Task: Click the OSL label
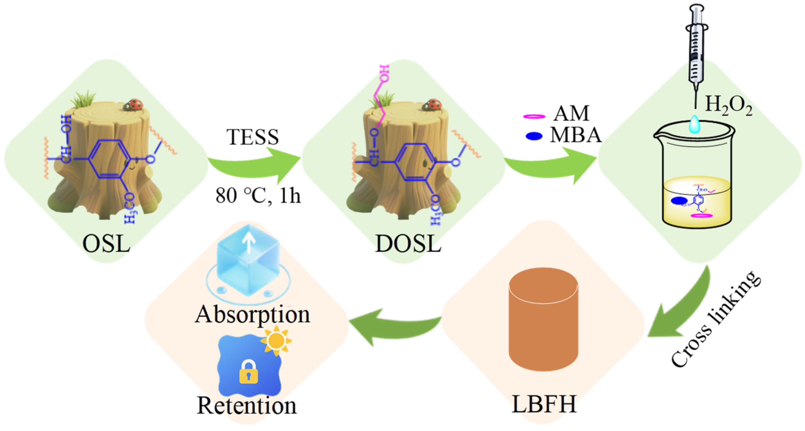click(106, 244)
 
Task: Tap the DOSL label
click(408, 244)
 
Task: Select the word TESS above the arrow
click(253, 137)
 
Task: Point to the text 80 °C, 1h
click(258, 196)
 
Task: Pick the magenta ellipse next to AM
click(534, 117)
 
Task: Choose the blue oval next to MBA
click(534, 136)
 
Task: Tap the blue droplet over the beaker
click(694, 124)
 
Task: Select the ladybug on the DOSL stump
click(432, 105)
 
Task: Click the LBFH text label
click(544, 404)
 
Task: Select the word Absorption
click(253, 314)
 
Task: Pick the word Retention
click(247, 406)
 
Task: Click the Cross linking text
click(716, 319)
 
